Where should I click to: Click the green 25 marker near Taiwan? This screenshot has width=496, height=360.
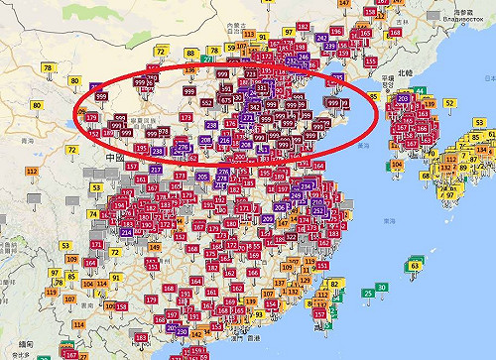(368, 293)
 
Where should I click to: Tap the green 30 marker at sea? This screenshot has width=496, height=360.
(382, 288)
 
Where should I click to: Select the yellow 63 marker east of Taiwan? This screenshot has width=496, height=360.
(415, 265)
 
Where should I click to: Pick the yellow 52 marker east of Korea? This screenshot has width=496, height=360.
(448, 103)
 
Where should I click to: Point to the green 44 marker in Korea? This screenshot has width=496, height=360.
(420, 92)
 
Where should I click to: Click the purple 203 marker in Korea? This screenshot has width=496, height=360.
(403, 99)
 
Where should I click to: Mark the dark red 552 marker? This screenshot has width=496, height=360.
(207, 102)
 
